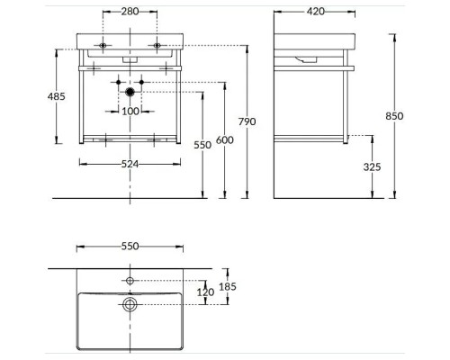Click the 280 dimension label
pyautogui.click(x=130, y=12)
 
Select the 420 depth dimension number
pyautogui.click(x=316, y=12)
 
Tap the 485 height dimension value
pyautogui.click(x=57, y=96)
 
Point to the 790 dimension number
pyautogui.click(x=247, y=121)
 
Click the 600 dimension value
pyautogui.click(x=225, y=139)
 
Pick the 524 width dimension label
pyautogui.click(x=130, y=164)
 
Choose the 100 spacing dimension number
pyautogui.click(x=130, y=112)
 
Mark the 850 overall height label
pyautogui.click(x=394, y=116)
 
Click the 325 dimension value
pyautogui.click(x=372, y=166)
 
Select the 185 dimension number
pyautogui.click(x=228, y=286)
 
